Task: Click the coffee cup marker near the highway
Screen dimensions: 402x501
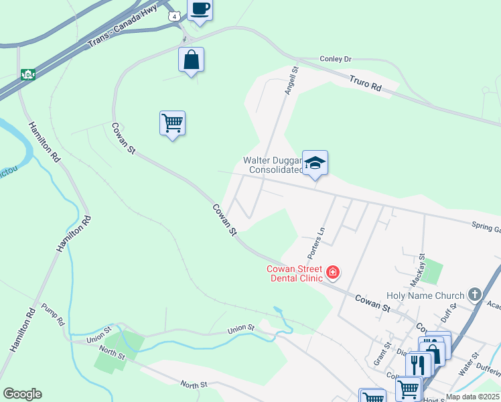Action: click(x=200, y=9)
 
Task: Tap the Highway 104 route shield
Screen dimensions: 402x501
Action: click(x=27, y=74)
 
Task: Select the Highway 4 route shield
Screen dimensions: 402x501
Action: click(x=175, y=16)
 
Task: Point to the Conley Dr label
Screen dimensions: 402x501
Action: click(x=336, y=60)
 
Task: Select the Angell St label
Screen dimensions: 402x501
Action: click(x=291, y=80)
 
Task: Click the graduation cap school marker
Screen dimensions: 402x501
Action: click(x=315, y=163)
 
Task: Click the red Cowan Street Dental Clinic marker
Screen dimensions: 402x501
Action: click(x=333, y=273)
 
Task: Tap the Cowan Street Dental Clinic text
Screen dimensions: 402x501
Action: click(x=295, y=273)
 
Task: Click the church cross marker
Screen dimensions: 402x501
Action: click(x=475, y=295)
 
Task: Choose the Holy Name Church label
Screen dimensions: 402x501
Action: click(x=425, y=295)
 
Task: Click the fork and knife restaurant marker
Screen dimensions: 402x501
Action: click(x=418, y=364)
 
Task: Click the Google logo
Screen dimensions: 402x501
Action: click(x=22, y=394)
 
